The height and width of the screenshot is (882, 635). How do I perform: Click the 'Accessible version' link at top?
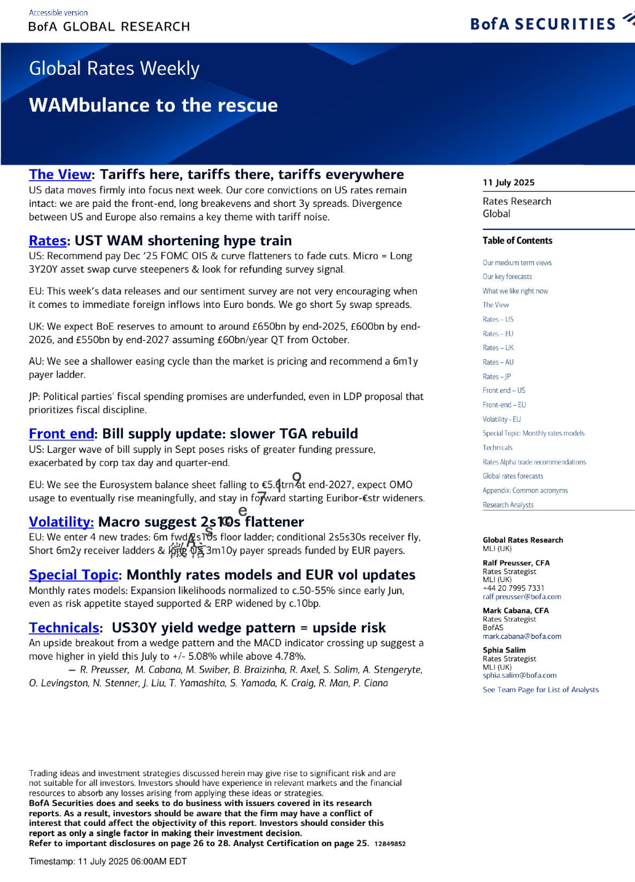pyautogui.click(x=58, y=13)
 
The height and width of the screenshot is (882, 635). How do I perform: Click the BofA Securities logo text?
pyautogui.click(x=543, y=24)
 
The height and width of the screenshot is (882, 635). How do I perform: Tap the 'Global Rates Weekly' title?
pyautogui.click(x=114, y=68)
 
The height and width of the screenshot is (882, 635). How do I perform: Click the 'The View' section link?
pyautogui.click(x=60, y=175)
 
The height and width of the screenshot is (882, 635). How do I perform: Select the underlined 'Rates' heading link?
pyautogui.click(x=48, y=241)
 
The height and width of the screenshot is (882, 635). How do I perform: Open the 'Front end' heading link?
pyautogui.click(x=61, y=434)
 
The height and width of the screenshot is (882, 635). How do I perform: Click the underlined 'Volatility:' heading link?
pyautogui.click(x=61, y=522)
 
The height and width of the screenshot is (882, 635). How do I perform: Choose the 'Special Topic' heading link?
pyautogui.click(x=73, y=575)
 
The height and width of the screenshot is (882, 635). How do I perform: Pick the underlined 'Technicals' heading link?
pyautogui.click(x=64, y=628)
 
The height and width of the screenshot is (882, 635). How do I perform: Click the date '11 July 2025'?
pyautogui.click(x=508, y=183)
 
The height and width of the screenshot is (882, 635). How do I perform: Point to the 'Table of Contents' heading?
pyautogui.click(x=517, y=241)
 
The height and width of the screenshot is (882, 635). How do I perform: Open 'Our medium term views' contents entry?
pyautogui.click(x=517, y=263)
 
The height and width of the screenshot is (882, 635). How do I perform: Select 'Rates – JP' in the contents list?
pyautogui.click(x=497, y=377)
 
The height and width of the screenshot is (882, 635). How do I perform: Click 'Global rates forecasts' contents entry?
pyautogui.click(x=513, y=476)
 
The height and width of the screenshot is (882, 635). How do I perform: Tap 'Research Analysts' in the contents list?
pyautogui.click(x=508, y=505)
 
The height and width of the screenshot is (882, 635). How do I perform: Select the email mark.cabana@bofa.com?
pyautogui.click(x=522, y=637)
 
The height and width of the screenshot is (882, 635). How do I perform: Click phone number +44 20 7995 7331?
pyautogui.click(x=513, y=589)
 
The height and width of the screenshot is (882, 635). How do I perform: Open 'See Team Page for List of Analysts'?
pyautogui.click(x=540, y=690)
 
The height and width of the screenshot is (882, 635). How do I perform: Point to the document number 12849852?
pyautogui.click(x=390, y=844)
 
